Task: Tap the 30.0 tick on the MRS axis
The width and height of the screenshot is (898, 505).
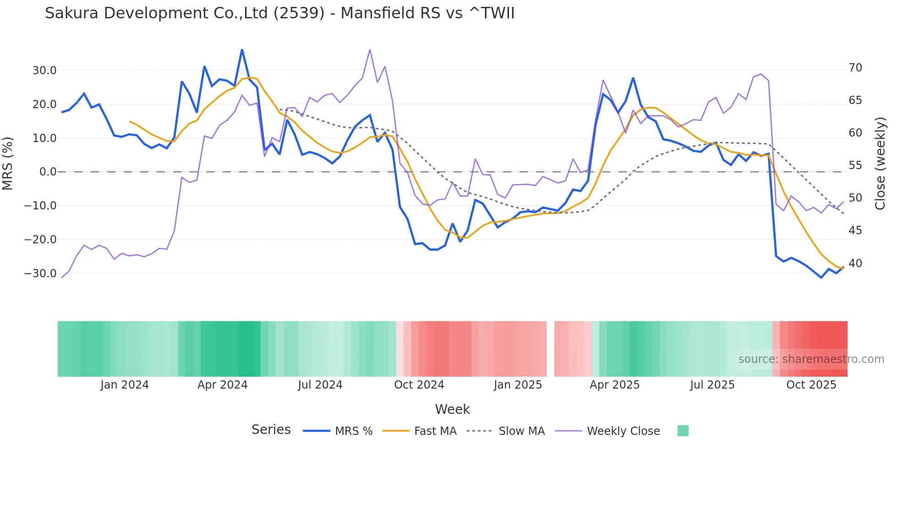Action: point(44,71)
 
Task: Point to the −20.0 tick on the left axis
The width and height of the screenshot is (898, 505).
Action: point(41,240)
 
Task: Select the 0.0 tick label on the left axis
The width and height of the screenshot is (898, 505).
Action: point(48,172)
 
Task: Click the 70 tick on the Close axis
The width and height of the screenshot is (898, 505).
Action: point(855,68)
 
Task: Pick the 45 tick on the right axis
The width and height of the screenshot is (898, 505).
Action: point(855,231)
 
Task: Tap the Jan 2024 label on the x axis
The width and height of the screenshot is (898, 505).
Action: point(125,385)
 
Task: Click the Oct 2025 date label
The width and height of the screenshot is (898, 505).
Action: point(811,385)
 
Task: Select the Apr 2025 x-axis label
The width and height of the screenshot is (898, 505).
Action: point(614,385)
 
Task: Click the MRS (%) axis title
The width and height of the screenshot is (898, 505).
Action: point(8,163)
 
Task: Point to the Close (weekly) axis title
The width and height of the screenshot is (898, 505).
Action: point(880,164)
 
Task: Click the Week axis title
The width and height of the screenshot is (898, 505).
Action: point(452,409)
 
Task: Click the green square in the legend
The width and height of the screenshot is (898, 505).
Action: point(683,431)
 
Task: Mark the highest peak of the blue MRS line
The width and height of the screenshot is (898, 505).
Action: point(242,49)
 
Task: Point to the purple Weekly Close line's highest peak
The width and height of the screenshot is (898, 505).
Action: point(370,49)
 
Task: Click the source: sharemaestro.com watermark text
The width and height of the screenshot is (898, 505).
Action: point(811,359)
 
